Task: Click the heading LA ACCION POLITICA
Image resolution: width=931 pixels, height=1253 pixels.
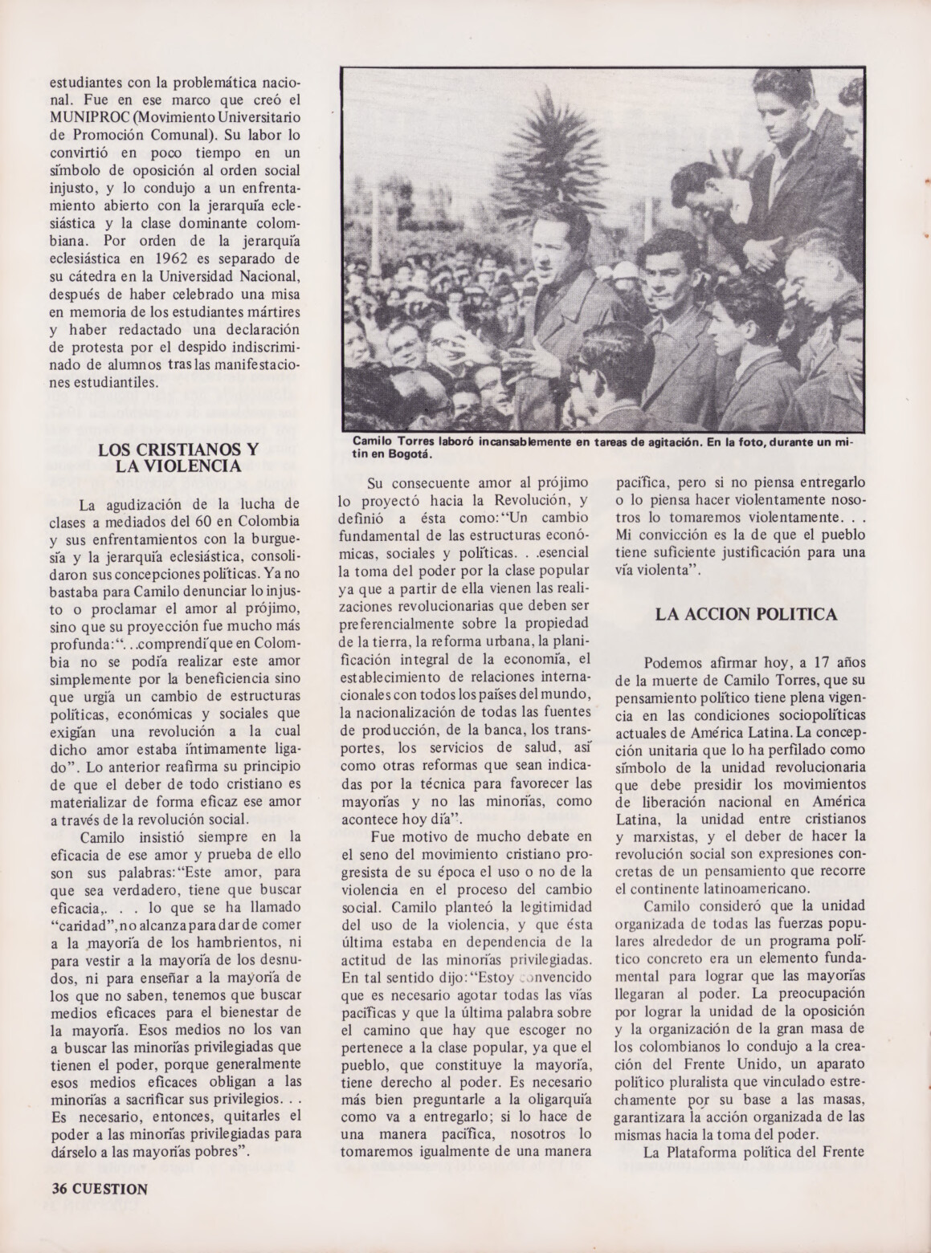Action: click(x=746, y=614)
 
